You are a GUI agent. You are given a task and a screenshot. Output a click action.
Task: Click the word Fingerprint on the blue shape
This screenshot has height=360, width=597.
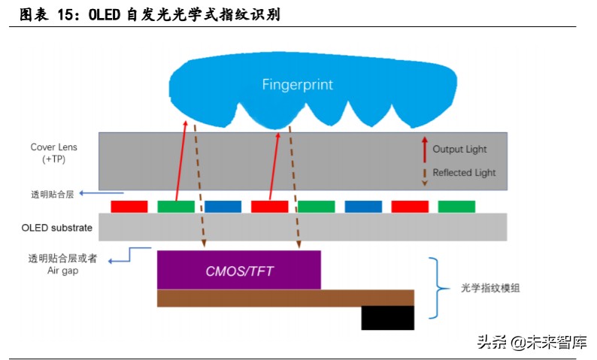pyautogui.click(x=297, y=84)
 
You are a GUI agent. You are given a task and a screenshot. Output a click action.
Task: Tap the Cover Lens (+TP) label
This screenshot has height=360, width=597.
pyautogui.click(x=53, y=153)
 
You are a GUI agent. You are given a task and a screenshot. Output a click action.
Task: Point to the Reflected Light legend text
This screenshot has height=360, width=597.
pyautogui.click(x=464, y=172)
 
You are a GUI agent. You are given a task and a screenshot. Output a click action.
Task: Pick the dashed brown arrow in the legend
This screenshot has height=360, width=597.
pyautogui.click(x=424, y=173)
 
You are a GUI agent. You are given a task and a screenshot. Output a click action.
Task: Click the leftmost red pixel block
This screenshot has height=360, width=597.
pyautogui.click(x=129, y=206)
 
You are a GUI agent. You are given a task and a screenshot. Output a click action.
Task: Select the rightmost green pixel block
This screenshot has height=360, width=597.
pyautogui.click(x=456, y=206)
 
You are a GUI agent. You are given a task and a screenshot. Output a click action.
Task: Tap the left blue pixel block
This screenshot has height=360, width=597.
pyautogui.click(x=223, y=206)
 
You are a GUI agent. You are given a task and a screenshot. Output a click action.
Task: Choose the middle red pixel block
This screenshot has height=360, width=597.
pyautogui.click(x=269, y=206)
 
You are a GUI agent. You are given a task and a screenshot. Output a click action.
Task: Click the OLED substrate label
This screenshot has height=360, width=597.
pyautogui.click(x=58, y=227)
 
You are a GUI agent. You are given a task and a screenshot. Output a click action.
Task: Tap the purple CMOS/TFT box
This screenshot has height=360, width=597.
pyautogui.click(x=238, y=270)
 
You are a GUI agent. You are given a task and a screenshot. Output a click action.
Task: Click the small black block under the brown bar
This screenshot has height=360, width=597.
pyautogui.click(x=387, y=318)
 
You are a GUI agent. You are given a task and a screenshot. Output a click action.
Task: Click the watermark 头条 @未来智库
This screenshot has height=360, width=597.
pyautogui.click(x=531, y=341)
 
